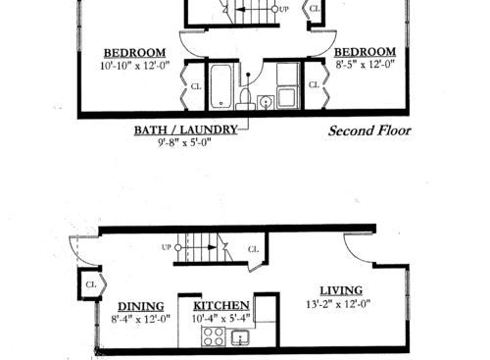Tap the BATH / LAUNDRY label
pyautogui.click(x=191, y=129)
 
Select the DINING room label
pyautogui.click(x=141, y=305)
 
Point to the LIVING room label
pyautogui.click(x=341, y=290)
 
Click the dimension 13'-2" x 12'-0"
pyautogui.click(x=341, y=303)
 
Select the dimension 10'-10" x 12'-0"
pyautogui.click(x=135, y=65)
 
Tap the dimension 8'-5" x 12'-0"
pyautogui.click(x=365, y=65)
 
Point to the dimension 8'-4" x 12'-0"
pyautogui.click(x=141, y=318)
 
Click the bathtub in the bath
pyautogui.click(x=220, y=86)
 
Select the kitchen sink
pyautogui.click(x=242, y=338)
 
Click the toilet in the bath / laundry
pyautogui.click(x=266, y=101)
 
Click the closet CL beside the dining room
pyautogui.click(x=91, y=284)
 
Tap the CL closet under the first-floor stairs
pyautogui.click(x=254, y=249)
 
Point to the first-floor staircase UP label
pyautogui.click(x=166, y=247)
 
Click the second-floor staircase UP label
pyautogui.click(x=283, y=9)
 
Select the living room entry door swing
pyautogui.click(x=361, y=251)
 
